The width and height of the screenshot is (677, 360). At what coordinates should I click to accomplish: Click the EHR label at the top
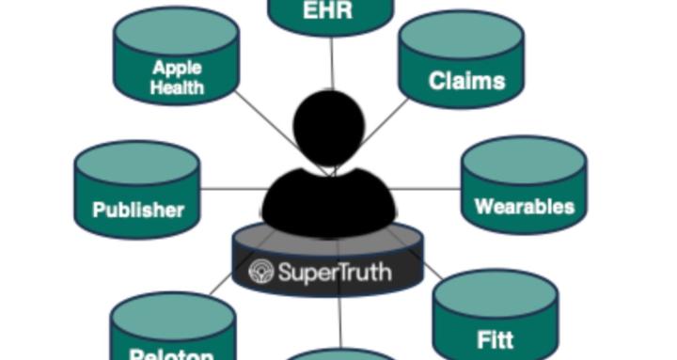pos(330,10)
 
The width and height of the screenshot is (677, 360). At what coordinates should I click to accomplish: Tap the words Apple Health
pos(177,78)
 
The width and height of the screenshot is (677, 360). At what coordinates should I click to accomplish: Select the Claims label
pos(466,81)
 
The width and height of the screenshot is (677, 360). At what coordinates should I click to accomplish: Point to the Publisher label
pos(138,210)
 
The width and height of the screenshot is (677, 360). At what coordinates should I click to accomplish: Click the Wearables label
pos(524,206)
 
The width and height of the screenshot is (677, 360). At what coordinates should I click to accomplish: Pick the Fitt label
pos(495,339)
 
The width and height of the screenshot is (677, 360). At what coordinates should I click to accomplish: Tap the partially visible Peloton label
pos(171,354)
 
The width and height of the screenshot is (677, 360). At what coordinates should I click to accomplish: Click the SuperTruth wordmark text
pos(335,273)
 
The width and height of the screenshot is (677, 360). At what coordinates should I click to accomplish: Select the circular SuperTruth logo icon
pos(260,273)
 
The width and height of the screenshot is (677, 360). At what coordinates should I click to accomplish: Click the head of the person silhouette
pos(329,127)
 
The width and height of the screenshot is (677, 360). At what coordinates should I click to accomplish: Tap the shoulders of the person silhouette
pos(328,202)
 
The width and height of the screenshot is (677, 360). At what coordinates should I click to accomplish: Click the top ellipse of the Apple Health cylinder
pos(176,31)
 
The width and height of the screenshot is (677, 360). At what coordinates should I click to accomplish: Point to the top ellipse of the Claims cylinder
pos(461,35)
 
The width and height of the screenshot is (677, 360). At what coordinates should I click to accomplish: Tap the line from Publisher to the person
pos(230,189)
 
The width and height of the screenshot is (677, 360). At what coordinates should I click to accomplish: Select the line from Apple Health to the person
pos(264,117)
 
